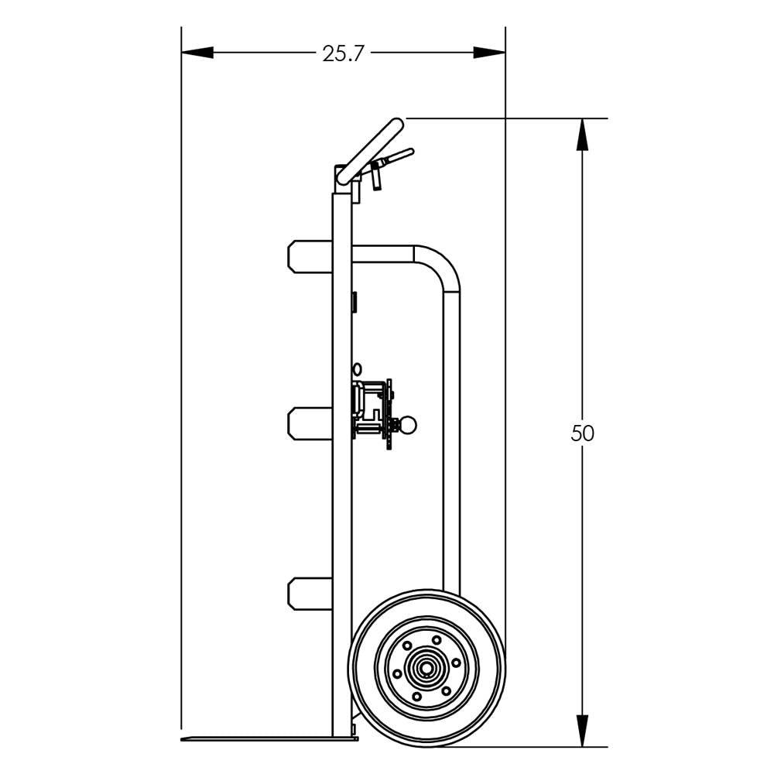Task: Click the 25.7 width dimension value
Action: pos(343,53)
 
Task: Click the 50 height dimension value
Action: pos(583,433)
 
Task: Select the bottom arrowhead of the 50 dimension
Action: pos(582,731)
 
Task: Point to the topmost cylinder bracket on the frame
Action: pos(310,258)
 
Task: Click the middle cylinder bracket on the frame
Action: pos(310,423)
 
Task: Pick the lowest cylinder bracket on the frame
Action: pos(310,593)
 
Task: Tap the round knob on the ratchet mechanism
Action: pos(408,424)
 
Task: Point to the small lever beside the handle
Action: pos(395,159)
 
